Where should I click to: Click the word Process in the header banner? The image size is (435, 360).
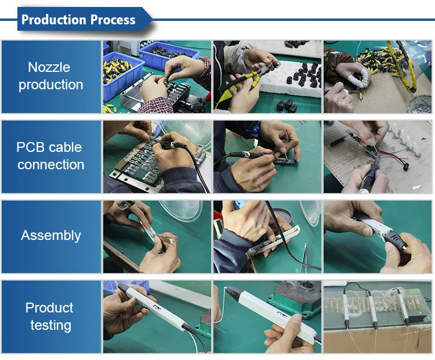pyautogui.click(x=113, y=20)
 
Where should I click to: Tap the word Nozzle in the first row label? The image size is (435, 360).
pyautogui.click(x=49, y=67)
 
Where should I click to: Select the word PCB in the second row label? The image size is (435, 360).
pyautogui.click(x=30, y=147)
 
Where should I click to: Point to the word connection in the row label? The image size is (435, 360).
pyautogui.click(x=51, y=165)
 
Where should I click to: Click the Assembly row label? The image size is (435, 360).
pyautogui.click(x=51, y=236)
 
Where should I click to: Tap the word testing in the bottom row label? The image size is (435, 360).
pyautogui.click(x=51, y=325)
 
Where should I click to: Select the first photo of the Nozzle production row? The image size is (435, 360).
pyautogui.click(x=157, y=77)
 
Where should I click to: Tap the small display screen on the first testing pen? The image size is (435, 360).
pyautogui.click(x=157, y=308)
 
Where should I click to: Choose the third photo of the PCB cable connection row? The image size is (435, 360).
pyautogui.click(x=378, y=157)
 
